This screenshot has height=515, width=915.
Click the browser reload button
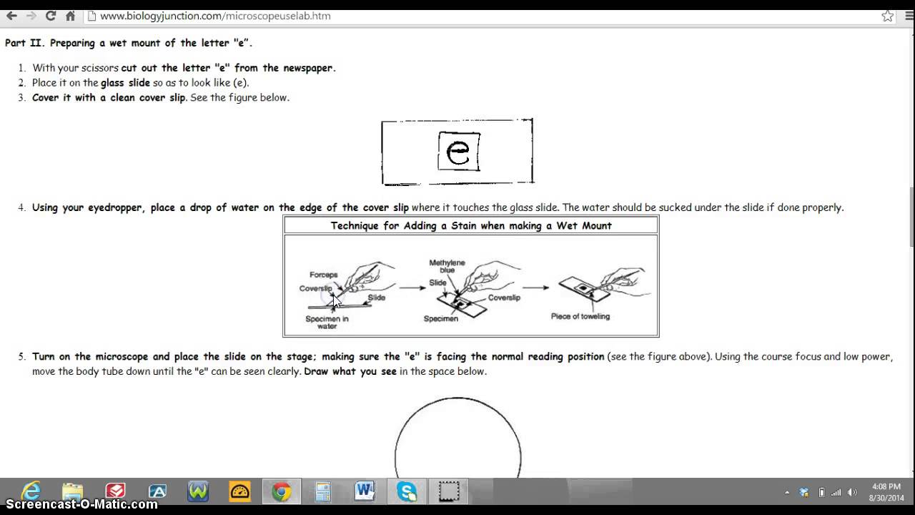50,16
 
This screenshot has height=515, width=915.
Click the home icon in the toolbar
70,16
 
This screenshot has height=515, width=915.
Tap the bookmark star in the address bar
887,16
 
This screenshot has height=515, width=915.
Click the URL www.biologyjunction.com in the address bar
214,16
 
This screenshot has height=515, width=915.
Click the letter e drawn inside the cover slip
457,151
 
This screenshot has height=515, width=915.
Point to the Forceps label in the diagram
323,275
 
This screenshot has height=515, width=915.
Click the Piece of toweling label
580,316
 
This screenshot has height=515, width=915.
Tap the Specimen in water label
327,323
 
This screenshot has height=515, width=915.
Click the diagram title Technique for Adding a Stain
470,225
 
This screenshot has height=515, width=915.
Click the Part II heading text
129,43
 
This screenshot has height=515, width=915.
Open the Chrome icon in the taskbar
281,491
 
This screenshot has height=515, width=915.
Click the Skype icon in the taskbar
407,491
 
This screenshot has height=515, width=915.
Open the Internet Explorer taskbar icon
31,491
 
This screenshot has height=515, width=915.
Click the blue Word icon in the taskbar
365,491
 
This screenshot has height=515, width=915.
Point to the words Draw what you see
350,371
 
